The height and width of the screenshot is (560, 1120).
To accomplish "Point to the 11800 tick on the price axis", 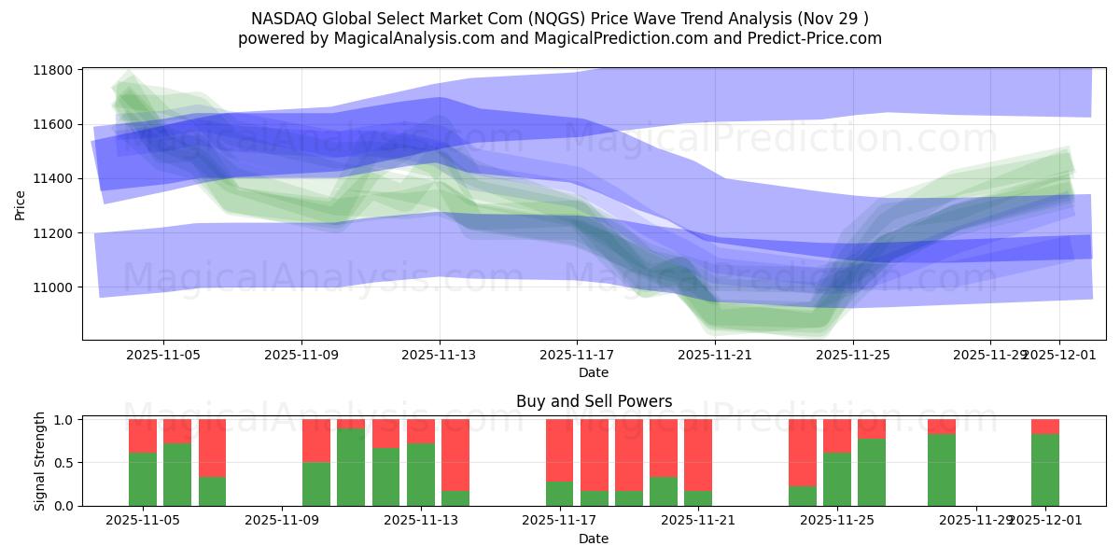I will pyautogui.click(x=55, y=70).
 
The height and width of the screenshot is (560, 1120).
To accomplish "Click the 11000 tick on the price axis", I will pyautogui.click(x=55, y=287).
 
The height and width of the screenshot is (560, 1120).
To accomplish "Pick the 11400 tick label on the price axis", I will pyautogui.click(x=55, y=179).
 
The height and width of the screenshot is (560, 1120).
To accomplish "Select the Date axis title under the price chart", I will pyautogui.click(x=594, y=372).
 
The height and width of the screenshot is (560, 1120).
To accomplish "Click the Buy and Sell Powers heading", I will pyautogui.click(x=594, y=402).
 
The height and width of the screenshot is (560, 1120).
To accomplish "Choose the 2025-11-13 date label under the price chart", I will pyautogui.click(x=440, y=356).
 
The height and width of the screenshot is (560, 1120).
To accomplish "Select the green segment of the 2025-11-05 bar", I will pyautogui.click(x=143, y=479).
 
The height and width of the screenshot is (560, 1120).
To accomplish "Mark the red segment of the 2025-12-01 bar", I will pyautogui.click(x=1045, y=427).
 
